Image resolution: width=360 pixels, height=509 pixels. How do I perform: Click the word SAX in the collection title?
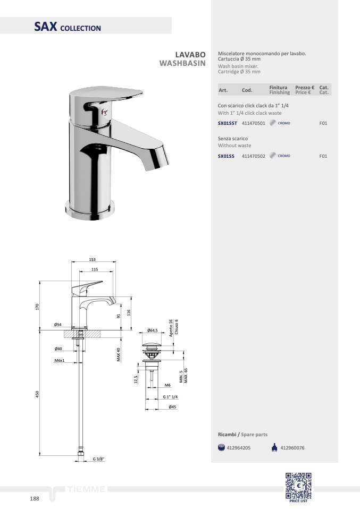(x=46, y=27)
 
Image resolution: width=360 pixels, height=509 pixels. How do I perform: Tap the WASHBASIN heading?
(x=182, y=63)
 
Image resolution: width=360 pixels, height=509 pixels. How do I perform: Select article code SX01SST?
(x=227, y=123)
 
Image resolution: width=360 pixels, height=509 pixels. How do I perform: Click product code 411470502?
(x=254, y=156)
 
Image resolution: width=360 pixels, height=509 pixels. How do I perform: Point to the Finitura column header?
(x=278, y=87)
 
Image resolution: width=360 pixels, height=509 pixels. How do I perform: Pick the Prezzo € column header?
(x=305, y=87)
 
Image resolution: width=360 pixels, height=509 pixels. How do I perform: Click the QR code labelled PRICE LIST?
(x=298, y=486)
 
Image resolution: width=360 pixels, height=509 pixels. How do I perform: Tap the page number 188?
(x=35, y=498)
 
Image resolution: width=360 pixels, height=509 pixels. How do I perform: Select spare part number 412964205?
(x=238, y=448)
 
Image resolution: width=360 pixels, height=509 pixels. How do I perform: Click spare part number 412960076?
(x=292, y=448)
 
